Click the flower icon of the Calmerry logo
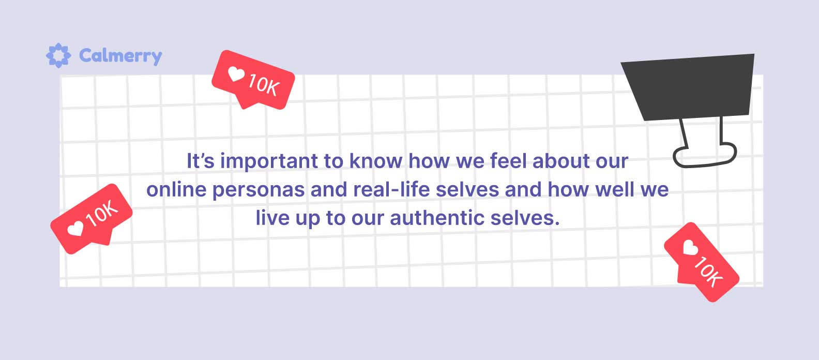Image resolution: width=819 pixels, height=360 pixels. pos(58,55)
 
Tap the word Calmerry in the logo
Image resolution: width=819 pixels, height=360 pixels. pos(120,56)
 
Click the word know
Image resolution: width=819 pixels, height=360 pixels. pos(376,161)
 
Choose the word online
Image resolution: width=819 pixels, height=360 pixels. pos(177,189)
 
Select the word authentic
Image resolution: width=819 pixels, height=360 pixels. pos(437,218)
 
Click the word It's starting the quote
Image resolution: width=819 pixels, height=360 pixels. pos(201,161)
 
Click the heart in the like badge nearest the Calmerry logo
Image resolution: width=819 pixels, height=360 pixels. pos(236,74)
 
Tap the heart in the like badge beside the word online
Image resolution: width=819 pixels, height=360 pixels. pos(75,229)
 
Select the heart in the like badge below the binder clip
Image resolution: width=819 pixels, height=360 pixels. pos(690,248)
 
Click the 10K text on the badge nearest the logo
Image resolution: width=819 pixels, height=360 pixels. pos(264,85)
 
